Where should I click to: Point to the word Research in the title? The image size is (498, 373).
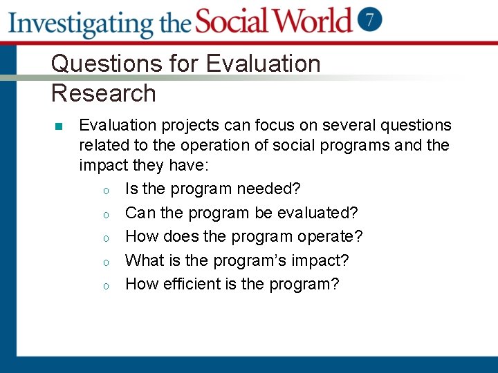[x=104, y=93]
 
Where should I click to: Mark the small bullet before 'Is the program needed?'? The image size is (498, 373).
[x=104, y=190]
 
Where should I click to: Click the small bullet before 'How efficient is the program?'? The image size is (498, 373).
[x=104, y=285]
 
